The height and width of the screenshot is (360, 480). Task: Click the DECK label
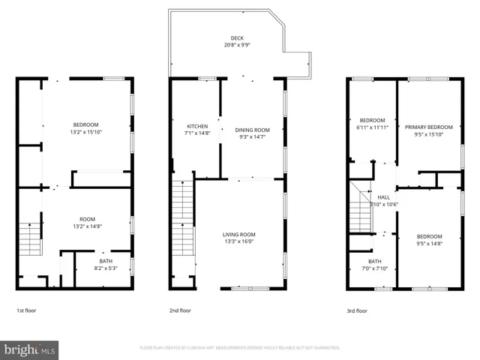[x=237, y=38]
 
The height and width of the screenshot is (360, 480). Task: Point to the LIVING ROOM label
[x=238, y=235]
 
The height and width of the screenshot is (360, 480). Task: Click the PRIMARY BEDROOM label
[x=429, y=127]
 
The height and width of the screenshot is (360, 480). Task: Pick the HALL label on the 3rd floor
[x=384, y=197]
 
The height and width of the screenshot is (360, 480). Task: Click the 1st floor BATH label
[x=105, y=260]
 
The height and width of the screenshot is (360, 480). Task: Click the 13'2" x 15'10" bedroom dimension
[x=85, y=132]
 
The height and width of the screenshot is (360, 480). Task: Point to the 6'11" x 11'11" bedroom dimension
[x=373, y=127]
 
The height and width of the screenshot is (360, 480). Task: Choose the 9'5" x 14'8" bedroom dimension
[x=430, y=242]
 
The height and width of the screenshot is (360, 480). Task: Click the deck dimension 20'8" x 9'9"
[x=237, y=46]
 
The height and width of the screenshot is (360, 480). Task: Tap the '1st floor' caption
[x=26, y=310]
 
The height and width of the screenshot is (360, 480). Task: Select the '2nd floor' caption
[x=181, y=310]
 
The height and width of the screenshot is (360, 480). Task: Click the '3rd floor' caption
[x=356, y=310]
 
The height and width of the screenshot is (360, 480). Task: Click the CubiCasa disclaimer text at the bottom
[x=240, y=348]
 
